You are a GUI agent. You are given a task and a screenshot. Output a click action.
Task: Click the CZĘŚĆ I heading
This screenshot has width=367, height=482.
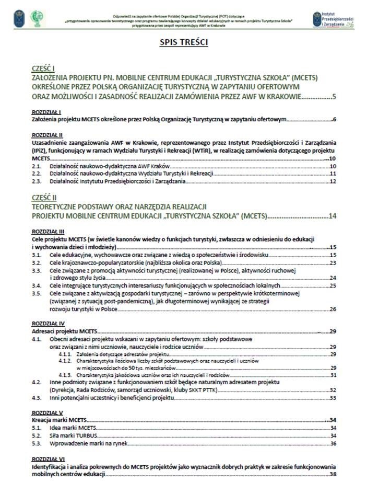[43, 69]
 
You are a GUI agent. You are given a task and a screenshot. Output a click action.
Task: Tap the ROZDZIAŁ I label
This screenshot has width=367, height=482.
[46, 112]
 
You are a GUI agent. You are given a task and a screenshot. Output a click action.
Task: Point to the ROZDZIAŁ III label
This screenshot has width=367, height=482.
[48, 231]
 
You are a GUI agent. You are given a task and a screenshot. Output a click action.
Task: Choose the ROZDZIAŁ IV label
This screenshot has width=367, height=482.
[48, 324]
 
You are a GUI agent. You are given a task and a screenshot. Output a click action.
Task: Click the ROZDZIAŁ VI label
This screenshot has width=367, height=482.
[48, 458]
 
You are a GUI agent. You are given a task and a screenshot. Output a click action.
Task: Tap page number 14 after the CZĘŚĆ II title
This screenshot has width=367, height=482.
[332, 215]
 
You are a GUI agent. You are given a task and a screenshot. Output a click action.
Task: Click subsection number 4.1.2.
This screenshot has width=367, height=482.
[65, 361]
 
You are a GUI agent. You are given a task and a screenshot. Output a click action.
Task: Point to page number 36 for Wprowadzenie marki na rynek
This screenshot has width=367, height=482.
[332, 444]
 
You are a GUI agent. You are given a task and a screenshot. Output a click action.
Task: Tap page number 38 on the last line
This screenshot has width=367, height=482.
[332, 474]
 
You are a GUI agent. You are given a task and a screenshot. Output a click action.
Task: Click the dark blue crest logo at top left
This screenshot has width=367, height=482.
[19, 18]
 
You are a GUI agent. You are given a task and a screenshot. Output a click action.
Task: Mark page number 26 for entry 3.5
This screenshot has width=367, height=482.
[332, 309]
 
